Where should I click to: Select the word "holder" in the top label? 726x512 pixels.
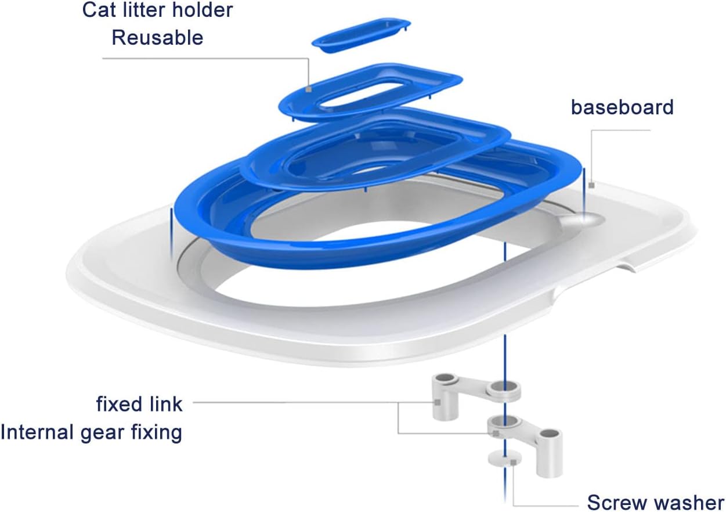point(204,10)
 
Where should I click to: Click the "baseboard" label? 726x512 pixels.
point(622,107)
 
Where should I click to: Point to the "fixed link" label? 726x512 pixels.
point(139,403)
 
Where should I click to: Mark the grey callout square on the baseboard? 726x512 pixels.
point(591,186)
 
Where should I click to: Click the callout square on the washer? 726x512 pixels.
point(513,462)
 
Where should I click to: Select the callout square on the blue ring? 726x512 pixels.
point(308,89)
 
